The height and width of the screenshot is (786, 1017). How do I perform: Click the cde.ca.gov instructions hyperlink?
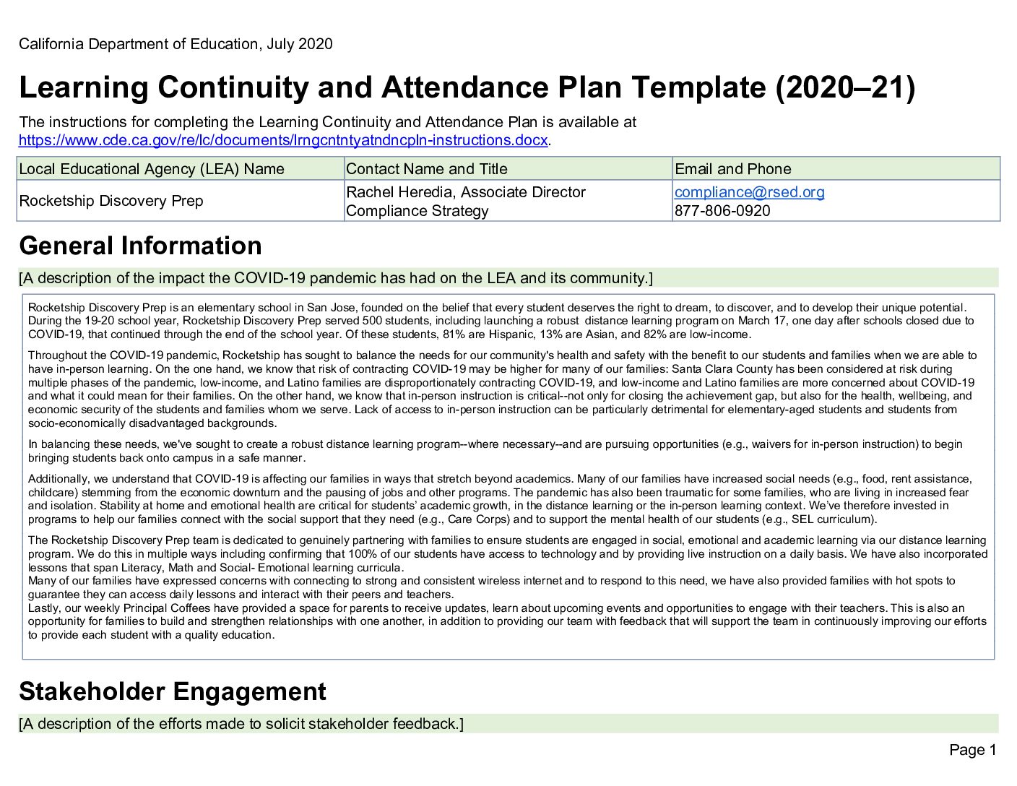point(283,140)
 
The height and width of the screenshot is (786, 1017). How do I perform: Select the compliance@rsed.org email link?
point(749,192)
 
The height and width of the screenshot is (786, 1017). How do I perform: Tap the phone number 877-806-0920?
point(722,211)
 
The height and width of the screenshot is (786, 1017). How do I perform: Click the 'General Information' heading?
point(140,246)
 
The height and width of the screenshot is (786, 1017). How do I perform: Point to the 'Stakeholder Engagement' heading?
point(172,692)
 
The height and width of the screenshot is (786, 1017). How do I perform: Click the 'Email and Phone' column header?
point(732,169)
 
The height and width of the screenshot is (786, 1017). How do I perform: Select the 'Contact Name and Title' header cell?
point(426,169)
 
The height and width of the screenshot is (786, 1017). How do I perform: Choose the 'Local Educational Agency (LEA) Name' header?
point(152,169)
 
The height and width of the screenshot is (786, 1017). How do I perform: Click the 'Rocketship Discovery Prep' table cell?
point(111,201)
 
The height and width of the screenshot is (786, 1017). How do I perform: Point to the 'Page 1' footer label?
point(972,750)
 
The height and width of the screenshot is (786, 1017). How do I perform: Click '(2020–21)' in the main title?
point(845,88)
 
